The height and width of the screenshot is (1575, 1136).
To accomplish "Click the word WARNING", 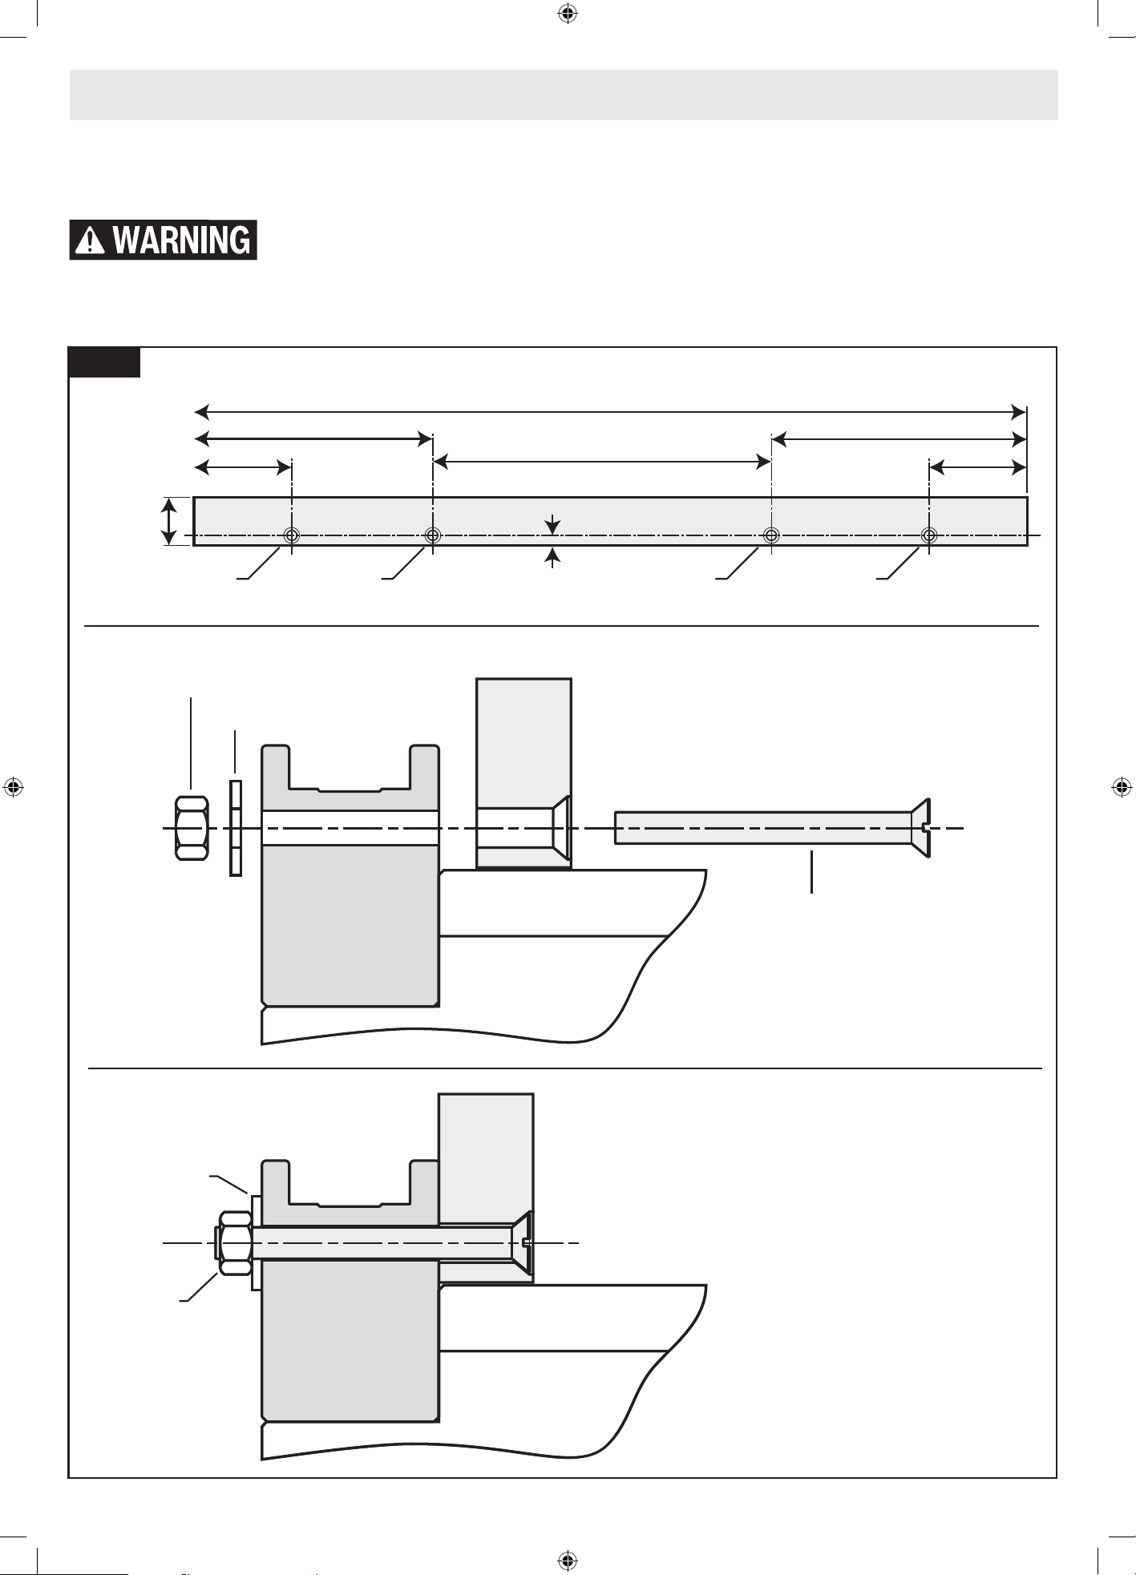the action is (x=181, y=240).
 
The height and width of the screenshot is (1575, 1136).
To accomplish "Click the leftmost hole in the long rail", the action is (x=292, y=535).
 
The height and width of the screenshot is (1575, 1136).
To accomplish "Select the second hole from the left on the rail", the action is (x=433, y=535).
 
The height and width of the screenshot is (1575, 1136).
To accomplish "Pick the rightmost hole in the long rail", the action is (x=929, y=535).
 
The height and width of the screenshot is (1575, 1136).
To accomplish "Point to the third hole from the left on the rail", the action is (x=771, y=535).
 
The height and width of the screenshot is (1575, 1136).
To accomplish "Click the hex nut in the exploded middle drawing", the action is (x=192, y=828).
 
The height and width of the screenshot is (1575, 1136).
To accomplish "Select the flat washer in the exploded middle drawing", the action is (x=236, y=828).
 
